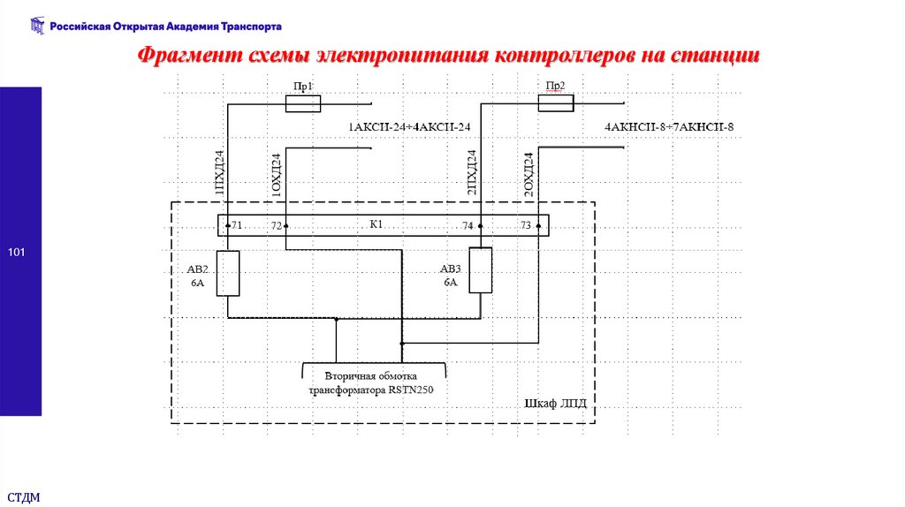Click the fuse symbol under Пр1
point(302,104)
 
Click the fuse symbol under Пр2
point(556,103)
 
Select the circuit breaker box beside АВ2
point(228,273)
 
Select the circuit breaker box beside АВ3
point(480,270)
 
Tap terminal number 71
point(236,226)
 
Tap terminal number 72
point(277,226)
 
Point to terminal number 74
point(468,226)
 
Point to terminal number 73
point(526,226)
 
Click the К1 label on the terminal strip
point(376,224)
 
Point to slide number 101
point(17,254)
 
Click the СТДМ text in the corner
point(24,496)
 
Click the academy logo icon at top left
point(36,26)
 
